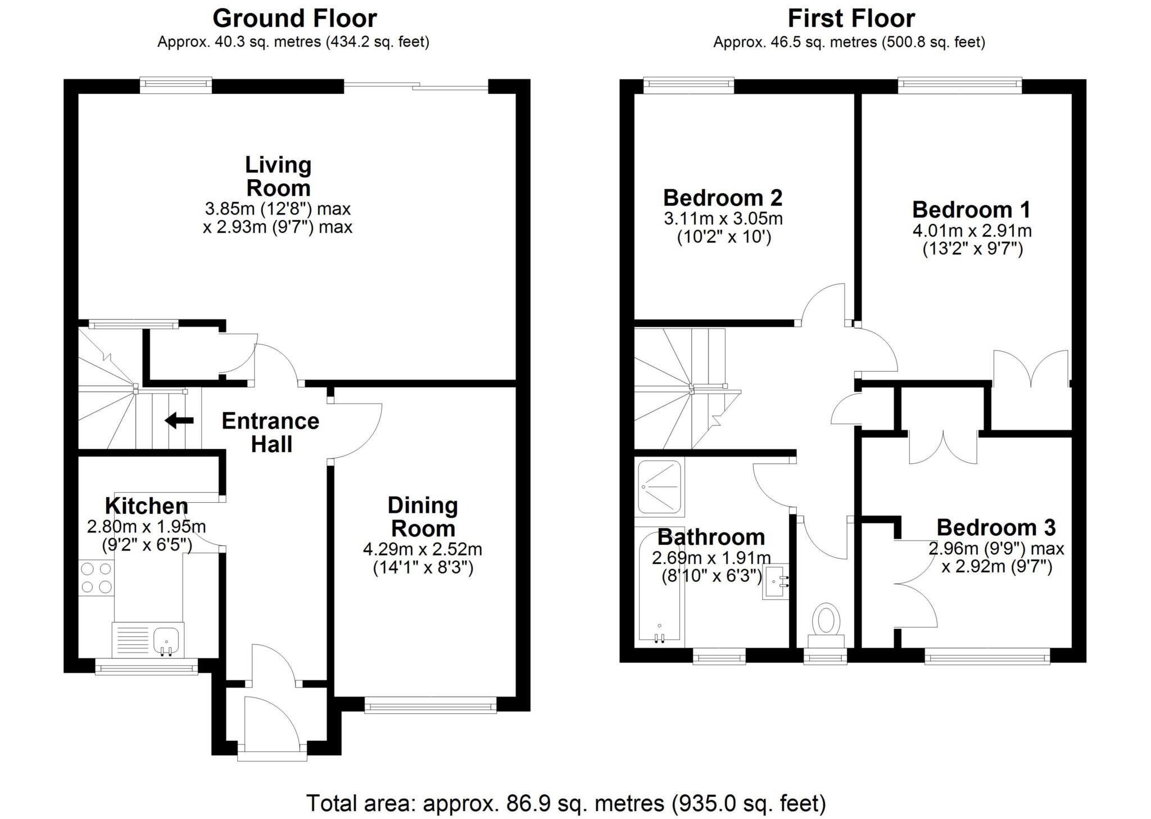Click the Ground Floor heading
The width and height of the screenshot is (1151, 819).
point(294,19)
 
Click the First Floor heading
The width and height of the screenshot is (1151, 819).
point(851,19)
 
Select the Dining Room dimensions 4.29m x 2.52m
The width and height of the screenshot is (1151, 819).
point(423,548)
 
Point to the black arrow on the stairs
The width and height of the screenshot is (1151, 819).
point(179,420)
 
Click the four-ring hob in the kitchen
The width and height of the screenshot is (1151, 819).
point(96,578)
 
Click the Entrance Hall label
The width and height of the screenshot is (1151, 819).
point(270,432)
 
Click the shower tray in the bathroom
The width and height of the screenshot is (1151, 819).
point(660,486)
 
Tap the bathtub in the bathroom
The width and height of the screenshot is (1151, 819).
point(659,587)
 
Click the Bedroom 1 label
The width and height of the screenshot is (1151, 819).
point(971,210)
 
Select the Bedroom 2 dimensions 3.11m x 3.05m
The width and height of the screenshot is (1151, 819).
point(723,218)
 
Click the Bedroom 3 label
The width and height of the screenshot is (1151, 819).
point(996,527)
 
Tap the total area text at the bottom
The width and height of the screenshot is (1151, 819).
point(566,803)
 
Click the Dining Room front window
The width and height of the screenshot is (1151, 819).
point(431,705)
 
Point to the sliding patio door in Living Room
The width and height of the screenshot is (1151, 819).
point(416,86)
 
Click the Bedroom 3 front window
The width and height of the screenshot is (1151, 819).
point(987,656)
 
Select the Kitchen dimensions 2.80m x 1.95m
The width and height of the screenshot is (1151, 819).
point(146,527)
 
